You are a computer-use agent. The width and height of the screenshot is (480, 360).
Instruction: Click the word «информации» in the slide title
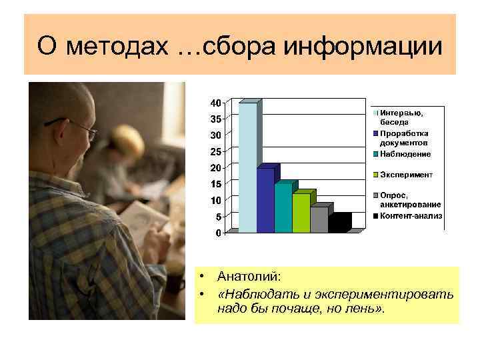pos(363,47)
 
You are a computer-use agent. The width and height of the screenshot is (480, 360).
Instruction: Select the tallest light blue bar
pos(247,167)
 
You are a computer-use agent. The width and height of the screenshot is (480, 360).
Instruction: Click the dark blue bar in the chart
pos(265,200)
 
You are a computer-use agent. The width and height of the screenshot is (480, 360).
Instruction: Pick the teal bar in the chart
pos(283,207)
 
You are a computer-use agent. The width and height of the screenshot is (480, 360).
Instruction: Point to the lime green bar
pos(301,213)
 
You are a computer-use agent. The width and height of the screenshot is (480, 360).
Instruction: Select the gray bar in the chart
pos(319,219)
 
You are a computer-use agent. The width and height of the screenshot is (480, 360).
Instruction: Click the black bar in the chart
pos(339,223)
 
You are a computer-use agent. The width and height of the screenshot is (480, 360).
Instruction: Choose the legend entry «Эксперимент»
pos(406,175)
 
